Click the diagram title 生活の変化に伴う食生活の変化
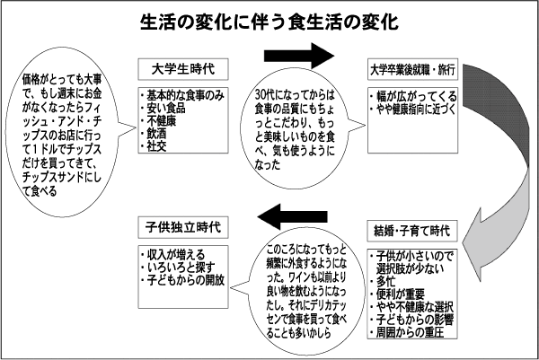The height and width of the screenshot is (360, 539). point(269,22)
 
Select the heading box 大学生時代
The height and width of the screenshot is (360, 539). point(183,69)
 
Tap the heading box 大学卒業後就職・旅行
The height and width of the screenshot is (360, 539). point(412,69)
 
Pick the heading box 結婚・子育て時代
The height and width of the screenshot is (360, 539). point(412,231)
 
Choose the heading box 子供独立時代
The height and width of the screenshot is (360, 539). point(183,227)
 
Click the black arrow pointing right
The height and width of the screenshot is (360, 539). point(299,56)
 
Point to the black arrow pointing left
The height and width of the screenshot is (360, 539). point(293,216)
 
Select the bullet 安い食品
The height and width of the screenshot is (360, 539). point(163,109)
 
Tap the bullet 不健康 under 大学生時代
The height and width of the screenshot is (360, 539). point(158,121)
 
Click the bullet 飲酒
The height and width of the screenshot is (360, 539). point(154,134)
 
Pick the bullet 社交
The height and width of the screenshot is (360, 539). point(154,146)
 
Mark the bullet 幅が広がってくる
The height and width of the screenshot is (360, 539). point(413,96)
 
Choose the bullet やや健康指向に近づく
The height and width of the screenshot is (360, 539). point(413,110)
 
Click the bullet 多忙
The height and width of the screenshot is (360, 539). point(383,281)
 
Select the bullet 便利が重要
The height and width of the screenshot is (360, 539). point(397,294)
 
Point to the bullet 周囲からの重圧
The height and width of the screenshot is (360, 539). point(407,332)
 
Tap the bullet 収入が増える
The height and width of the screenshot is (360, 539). point(172,255)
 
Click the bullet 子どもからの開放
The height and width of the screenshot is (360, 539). point(182,280)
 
